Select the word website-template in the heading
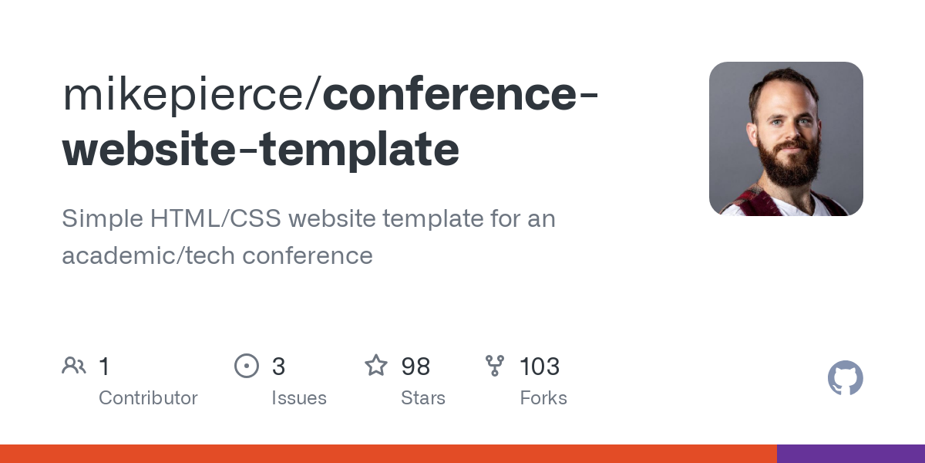pyautogui.click(x=261, y=149)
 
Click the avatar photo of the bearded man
pyautogui.click(x=785, y=139)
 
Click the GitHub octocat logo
pyautogui.click(x=845, y=378)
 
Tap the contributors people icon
pyautogui.click(x=74, y=366)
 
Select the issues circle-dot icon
pyautogui.click(x=246, y=366)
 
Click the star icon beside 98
pyautogui.click(x=376, y=366)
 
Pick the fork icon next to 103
pyautogui.click(x=494, y=366)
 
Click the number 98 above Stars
pyautogui.click(x=415, y=367)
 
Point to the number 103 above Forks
pyautogui.click(x=540, y=367)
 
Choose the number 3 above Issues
pyautogui.click(x=278, y=367)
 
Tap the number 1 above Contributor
pyautogui.click(x=104, y=367)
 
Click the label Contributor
pyautogui.click(x=148, y=398)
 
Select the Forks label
pyautogui.click(x=543, y=398)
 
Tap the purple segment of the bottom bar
pyautogui.click(x=850, y=454)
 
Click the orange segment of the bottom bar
pyautogui.click(x=385, y=454)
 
